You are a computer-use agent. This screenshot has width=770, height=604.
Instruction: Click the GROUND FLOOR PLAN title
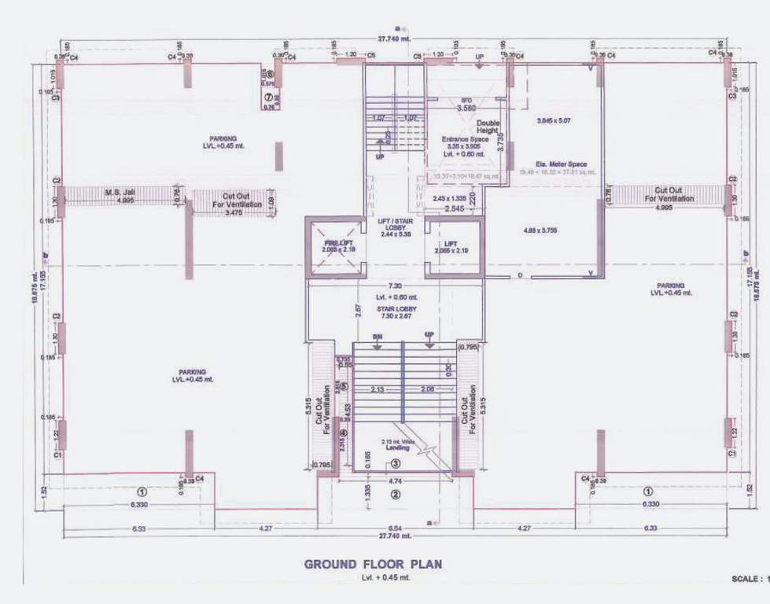pyautogui.click(x=373, y=564)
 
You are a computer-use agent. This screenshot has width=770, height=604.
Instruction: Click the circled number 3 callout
pyautogui.click(x=396, y=464)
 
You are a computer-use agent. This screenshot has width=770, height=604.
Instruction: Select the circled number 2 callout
pyautogui.click(x=396, y=495)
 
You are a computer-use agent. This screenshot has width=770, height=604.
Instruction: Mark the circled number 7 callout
pyautogui.click(x=268, y=97)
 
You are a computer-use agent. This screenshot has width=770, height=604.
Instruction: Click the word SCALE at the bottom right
pyautogui.click(x=746, y=578)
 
